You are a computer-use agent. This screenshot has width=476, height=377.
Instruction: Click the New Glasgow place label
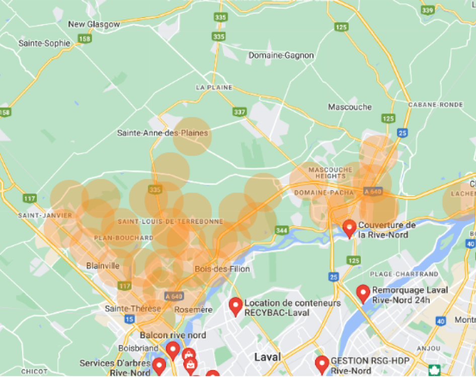coord(94,24)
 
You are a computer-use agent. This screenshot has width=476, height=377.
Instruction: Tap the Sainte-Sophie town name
coord(44,43)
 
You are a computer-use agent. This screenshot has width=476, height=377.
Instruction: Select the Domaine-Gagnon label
coord(281,55)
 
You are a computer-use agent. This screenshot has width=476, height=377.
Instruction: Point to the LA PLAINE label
coord(214,87)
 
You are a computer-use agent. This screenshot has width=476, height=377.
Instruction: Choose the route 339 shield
coord(428,10)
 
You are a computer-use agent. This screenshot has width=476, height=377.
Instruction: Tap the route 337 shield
coord(239,111)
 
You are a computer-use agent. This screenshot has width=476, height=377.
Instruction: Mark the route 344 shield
coord(281,231)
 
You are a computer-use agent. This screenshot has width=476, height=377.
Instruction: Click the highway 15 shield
coord(129,319)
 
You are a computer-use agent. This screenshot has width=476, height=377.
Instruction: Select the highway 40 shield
coord(441,321)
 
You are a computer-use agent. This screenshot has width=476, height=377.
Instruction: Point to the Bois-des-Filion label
coord(215,269)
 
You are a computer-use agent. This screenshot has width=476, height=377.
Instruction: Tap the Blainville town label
coord(103,265)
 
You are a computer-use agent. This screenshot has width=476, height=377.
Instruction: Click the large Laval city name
coord(268,357)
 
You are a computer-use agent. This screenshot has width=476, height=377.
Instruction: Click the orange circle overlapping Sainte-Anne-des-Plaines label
coord(193,136)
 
